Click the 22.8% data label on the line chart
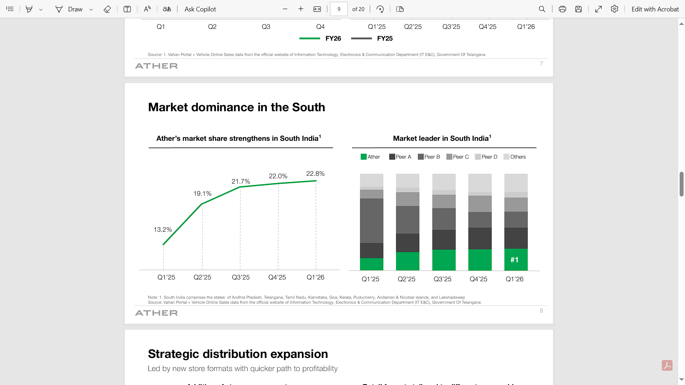click(315, 174)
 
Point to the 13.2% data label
click(163, 230)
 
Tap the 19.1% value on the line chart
click(202, 194)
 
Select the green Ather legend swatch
click(364, 157)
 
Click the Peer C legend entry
click(458, 157)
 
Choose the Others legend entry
click(515, 157)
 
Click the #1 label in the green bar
click(514, 260)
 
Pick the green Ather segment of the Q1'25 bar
click(371, 264)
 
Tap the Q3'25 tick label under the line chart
click(241, 277)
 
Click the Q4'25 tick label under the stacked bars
click(478, 279)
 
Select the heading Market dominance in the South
click(237, 107)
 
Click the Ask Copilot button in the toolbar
click(200, 9)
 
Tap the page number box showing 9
click(339, 9)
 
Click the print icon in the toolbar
click(562, 9)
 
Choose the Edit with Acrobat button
click(655, 9)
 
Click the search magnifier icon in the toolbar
click(542, 9)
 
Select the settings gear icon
click(614, 9)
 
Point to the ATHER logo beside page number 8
click(156, 313)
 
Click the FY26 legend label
click(333, 38)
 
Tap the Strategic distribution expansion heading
click(238, 354)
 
